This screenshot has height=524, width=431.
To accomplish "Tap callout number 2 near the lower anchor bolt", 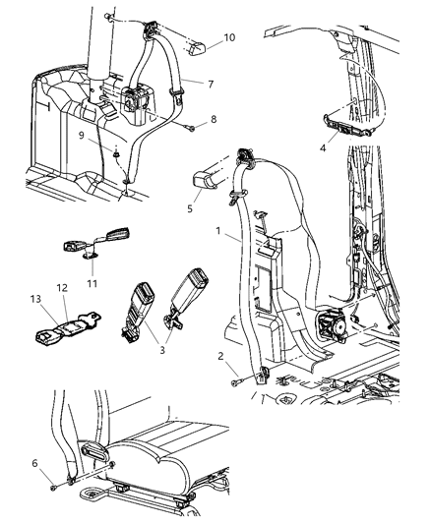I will point(221,357).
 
